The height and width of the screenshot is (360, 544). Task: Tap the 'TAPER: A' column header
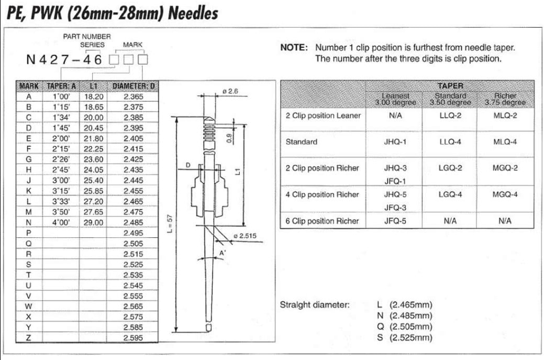[x=62, y=86]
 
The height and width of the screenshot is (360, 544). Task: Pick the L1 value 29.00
[x=93, y=222]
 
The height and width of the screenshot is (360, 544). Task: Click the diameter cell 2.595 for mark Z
[x=133, y=338]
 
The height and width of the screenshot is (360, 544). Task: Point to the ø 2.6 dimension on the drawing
[x=230, y=91]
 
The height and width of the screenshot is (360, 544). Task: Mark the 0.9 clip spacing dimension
[x=228, y=138]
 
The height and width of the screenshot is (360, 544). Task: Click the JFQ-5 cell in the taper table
[x=395, y=221]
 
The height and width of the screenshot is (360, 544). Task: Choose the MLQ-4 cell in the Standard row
[x=505, y=142]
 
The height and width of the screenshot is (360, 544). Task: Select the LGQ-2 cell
[x=450, y=168]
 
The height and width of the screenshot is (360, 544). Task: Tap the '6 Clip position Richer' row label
[x=322, y=221]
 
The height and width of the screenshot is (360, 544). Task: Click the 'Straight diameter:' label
[x=315, y=304]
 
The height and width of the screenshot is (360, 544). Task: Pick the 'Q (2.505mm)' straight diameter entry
[x=404, y=326]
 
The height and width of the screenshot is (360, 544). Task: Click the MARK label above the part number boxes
[x=132, y=45]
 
